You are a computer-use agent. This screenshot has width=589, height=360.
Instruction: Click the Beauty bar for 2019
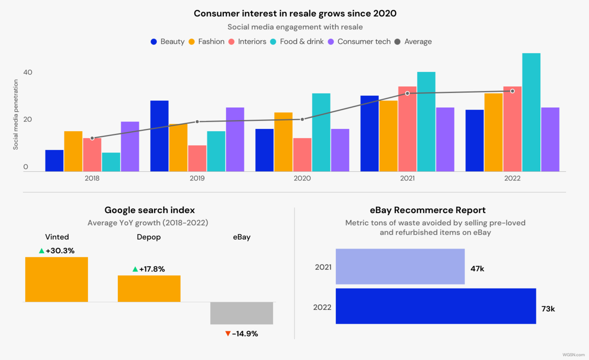point(159,136)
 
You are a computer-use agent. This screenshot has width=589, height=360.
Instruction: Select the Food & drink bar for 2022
point(531,112)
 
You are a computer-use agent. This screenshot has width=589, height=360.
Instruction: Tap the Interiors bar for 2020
point(302,155)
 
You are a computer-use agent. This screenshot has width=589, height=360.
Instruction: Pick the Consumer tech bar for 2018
point(130,146)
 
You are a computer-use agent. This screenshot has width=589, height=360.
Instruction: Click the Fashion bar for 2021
point(388,136)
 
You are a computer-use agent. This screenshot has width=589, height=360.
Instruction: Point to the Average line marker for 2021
point(407,93)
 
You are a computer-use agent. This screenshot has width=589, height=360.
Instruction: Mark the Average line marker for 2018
point(92,138)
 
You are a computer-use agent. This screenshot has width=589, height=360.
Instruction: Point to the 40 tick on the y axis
point(28,72)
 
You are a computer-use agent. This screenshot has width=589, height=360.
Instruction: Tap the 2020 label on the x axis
point(302,178)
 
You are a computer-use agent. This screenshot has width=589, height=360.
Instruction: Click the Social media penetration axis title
point(16,115)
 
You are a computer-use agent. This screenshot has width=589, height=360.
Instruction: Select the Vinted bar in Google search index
point(57,279)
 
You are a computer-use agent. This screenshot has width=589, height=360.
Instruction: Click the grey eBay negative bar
point(242,313)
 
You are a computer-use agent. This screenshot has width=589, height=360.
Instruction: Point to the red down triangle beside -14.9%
point(227,334)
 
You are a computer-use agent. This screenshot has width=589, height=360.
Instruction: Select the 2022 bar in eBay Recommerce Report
point(436,306)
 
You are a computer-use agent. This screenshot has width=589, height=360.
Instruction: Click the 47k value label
point(477,268)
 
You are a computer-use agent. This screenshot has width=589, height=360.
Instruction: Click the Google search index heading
point(150,210)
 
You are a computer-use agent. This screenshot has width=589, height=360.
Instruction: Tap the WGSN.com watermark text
point(573,355)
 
